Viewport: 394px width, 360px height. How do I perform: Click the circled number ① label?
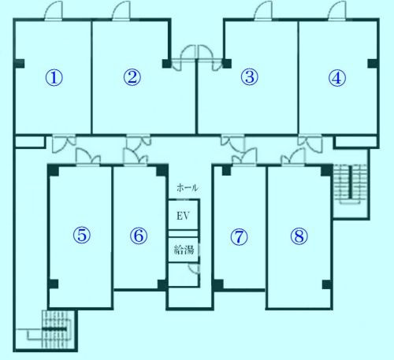[54, 78]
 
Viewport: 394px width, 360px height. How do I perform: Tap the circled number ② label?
[132, 77]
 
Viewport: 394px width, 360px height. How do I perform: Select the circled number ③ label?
[250, 77]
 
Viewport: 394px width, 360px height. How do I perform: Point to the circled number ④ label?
[337, 78]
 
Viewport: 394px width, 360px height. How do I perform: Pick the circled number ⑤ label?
[82, 235]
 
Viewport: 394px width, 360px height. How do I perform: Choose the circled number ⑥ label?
[139, 236]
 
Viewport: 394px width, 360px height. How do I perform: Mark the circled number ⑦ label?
[239, 237]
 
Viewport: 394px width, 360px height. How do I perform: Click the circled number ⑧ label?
[299, 236]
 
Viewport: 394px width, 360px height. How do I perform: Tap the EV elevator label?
[183, 216]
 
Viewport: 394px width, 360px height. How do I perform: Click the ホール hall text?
[188, 187]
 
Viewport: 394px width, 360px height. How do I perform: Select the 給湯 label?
[184, 250]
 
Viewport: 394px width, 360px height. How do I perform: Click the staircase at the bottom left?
[58, 329]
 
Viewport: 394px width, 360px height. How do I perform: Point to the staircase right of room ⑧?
[350, 184]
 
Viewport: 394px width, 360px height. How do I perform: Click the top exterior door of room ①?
[54, 11]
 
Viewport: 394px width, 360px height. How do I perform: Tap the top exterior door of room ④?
[336, 11]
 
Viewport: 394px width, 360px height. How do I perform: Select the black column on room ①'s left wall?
[19, 64]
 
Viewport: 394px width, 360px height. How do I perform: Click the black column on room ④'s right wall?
[373, 64]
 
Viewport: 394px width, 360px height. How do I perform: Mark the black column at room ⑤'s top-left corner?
[54, 170]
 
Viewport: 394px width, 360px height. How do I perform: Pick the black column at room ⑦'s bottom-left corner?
[218, 285]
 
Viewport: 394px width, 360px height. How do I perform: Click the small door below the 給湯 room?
[195, 269]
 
